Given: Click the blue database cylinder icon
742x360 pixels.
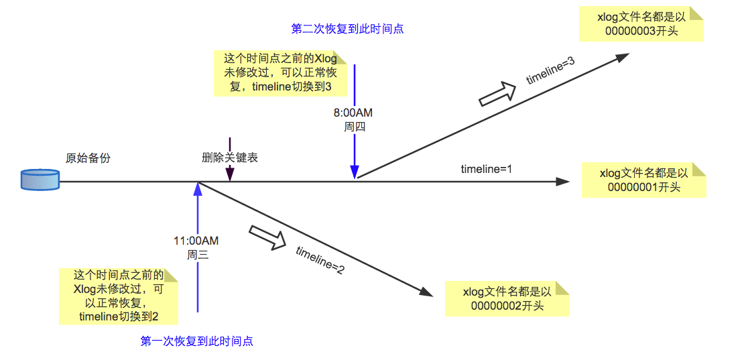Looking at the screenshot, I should [x=40, y=181].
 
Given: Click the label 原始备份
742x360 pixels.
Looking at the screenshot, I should [x=88, y=159].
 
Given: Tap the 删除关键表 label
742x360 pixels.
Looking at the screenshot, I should [x=230, y=158].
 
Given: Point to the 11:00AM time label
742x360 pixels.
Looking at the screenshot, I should [x=196, y=241].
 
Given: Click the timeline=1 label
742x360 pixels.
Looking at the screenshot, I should [x=487, y=169].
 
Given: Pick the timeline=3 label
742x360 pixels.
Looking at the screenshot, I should [x=550, y=70].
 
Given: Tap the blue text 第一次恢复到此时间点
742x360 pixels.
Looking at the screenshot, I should [x=197, y=341].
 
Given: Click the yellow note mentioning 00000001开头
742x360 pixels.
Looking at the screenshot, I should [x=643, y=180].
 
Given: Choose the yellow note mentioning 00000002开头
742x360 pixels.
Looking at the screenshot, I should [x=507, y=298].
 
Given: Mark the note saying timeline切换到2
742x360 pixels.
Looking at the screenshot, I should [x=119, y=296].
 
